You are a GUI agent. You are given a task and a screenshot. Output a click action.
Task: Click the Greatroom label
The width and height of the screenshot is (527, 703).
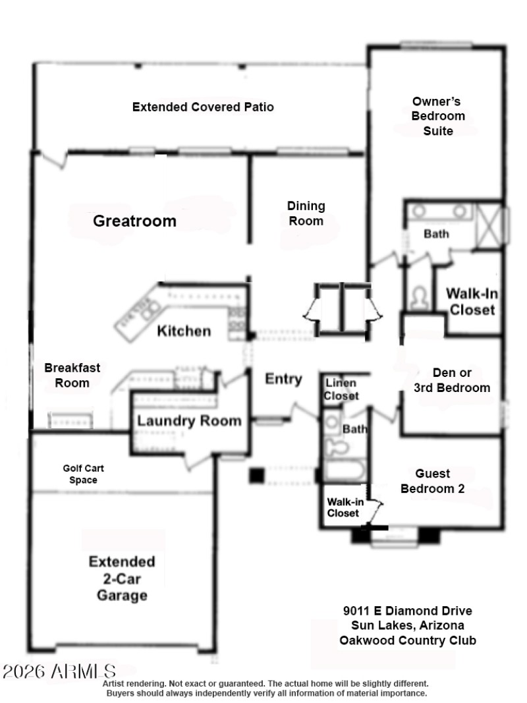pyautogui.click(x=134, y=221)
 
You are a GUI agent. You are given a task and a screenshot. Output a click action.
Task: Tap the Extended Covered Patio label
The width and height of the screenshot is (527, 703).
pyautogui.click(x=203, y=107)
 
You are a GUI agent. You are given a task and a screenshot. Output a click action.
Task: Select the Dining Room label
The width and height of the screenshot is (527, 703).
pyautogui.click(x=306, y=213)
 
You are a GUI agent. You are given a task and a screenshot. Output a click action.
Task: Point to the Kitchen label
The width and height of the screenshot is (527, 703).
pyautogui.click(x=184, y=330)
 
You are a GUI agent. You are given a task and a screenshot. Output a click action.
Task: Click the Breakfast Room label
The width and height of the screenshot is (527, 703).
pyautogui.click(x=72, y=376)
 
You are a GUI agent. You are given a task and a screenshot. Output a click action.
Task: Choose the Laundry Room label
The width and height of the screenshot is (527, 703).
pyautogui.click(x=189, y=420)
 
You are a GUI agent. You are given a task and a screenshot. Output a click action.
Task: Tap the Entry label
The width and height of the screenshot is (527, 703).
pyautogui.click(x=283, y=379)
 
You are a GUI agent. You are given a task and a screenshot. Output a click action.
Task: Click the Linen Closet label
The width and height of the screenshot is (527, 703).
pyautogui.click(x=341, y=389)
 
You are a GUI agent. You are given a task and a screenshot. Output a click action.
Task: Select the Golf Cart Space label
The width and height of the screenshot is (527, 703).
pyautogui.click(x=84, y=474)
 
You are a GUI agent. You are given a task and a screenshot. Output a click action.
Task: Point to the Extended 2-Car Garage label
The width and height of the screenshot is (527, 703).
pyautogui.click(x=122, y=578)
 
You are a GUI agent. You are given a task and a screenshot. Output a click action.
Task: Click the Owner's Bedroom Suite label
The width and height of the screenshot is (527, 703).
pyautogui.click(x=438, y=116)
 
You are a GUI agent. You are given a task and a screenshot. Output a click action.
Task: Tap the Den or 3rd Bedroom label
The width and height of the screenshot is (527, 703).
pyautogui.click(x=452, y=380)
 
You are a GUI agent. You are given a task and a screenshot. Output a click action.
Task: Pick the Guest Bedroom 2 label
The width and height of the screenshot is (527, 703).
pyautogui.click(x=433, y=481)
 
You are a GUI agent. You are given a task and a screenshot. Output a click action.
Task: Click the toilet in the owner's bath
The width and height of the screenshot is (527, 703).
pyautogui.click(x=418, y=299)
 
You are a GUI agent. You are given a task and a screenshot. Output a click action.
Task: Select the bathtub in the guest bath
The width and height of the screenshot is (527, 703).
pyautogui.click(x=345, y=472)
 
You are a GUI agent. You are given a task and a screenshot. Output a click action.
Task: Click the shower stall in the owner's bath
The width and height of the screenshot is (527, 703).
pyautogui.click(x=490, y=224)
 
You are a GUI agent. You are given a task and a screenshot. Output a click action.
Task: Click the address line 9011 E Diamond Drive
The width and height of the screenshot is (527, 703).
pyautogui.click(x=407, y=611)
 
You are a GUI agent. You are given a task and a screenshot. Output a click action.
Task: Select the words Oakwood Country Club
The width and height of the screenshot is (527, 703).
pyautogui.click(x=407, y=640)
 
